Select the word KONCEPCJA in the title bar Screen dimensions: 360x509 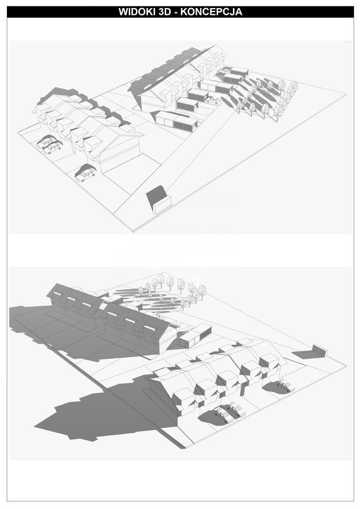(211, 12)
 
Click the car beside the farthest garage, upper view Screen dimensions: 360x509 (225, 71)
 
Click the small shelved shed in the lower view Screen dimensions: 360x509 (320, 351)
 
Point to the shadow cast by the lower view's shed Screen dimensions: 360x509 (303, 354)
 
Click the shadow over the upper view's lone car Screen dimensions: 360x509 (86, 169)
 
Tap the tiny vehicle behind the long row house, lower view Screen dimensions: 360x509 (157, 314)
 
